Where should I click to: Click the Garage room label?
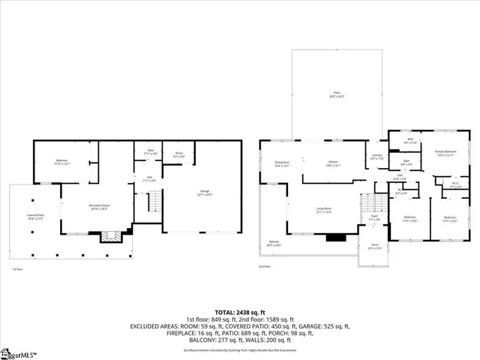[205, 193]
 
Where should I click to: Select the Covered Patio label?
[34, 217]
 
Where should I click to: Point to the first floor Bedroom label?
[62, 162]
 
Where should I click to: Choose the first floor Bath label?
[150, 153]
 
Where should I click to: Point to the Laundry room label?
[376, 157]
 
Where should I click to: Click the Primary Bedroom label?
[445, 152]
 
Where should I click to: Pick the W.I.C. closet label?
[454, 184]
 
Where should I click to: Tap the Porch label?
[375, 246]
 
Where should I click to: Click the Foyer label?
[374, 218]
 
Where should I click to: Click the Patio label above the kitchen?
[337, 95]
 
